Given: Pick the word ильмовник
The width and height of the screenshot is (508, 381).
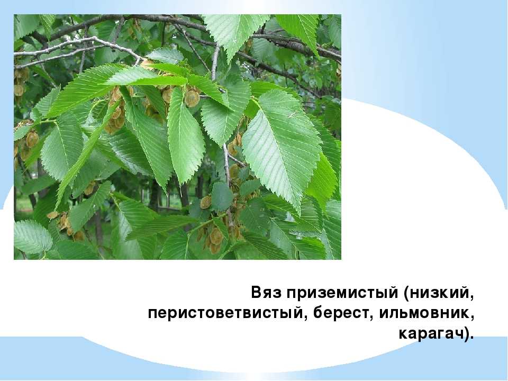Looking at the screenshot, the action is coord(423,313).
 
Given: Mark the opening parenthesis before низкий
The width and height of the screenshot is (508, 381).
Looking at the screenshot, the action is coord(406,294).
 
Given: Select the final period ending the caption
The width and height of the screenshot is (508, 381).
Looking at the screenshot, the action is coord(471,338).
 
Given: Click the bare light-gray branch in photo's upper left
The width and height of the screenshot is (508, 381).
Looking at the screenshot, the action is coord(78,49).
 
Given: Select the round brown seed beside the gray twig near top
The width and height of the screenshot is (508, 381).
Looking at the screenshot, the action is coord(192,98).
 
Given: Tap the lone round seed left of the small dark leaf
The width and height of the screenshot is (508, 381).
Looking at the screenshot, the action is coord(205,202).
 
